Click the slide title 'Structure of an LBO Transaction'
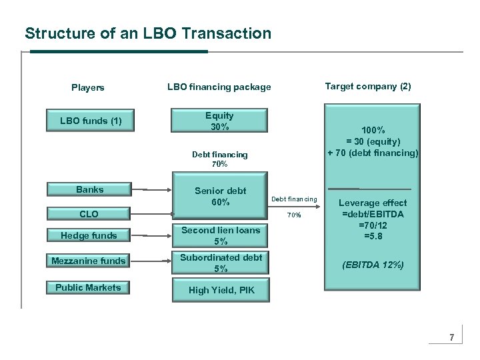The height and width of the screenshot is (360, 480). pyautogui.click(x=148, y=33)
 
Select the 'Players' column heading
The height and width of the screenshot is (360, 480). pyautogui.click(x=88, y=87)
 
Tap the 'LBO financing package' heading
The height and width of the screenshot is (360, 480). pyautogui.click(x=219, y=87)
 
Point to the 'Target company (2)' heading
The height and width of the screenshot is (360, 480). pyautogui.click(x=368, y=86)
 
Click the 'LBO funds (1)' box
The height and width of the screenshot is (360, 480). pyautogui.click(x=91, y=121)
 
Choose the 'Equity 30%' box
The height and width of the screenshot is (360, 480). pyautogui.click(x=219, y=121)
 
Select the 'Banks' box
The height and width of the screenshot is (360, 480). pyautogui.click(x=89, y=189)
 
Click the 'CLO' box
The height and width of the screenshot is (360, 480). pyautogui.click(x=89, y=214)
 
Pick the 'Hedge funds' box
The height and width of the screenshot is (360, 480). pyautogui.click(x=89, y=235)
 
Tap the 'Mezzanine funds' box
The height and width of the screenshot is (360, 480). pyautogui.click(x=89, y=261)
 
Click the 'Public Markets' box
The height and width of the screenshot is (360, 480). pyautogui.click(x=89, y=287)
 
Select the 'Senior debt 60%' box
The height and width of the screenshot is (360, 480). pyautogui.click(x=220, y=196)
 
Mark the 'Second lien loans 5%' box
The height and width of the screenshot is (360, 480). pyautogui.click(x=220, y=235)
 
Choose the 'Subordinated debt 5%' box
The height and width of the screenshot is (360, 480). pyautogui.click(x=220, y=263)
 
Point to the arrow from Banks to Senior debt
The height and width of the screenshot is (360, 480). pyautogui.click(x=153, y=190)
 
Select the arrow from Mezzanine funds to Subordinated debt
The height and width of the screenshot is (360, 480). pyautogui.click(x=153, y=261)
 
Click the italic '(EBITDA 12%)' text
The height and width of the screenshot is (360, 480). pyautogui.click(x=373, y=265)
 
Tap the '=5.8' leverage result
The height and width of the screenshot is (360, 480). pyautogui.click(x=373, y=235)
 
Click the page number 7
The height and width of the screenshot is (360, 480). pyautogui.click(x=451, y=337)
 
